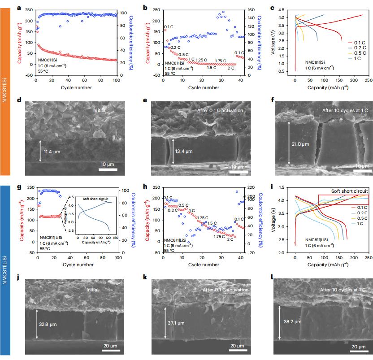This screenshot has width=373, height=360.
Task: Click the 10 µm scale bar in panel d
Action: (x=108, y=169)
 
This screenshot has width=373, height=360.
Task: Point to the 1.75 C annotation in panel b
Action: (x=221, y=61)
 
